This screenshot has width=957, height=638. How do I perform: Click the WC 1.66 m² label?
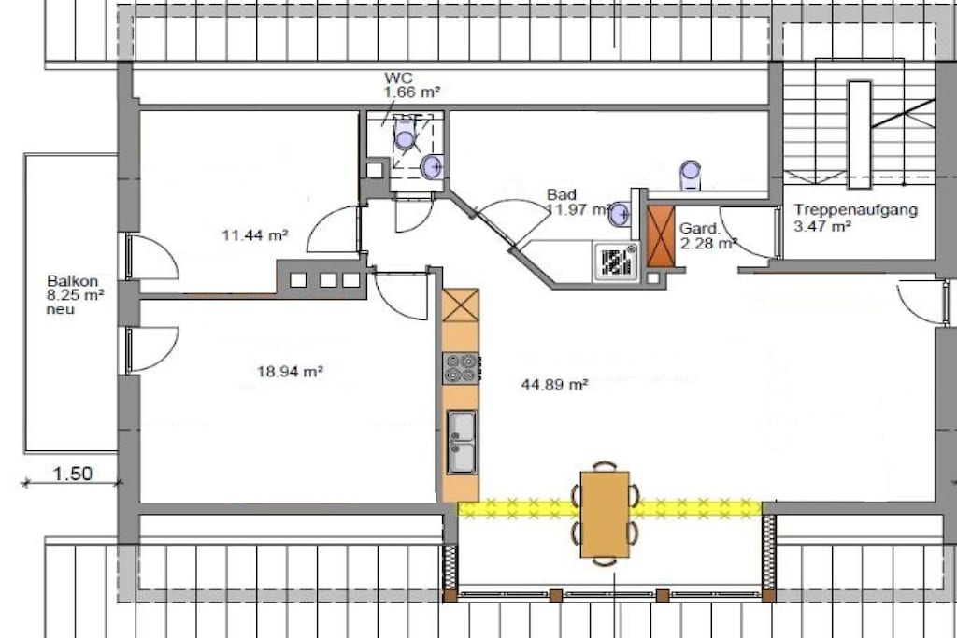412,85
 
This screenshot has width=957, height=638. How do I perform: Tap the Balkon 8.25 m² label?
75,289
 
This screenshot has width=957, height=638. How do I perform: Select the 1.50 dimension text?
73,474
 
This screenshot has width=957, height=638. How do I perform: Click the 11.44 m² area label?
255,234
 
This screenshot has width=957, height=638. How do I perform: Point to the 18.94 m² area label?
290,371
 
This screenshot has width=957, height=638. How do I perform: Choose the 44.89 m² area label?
555,384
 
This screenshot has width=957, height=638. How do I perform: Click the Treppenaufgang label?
856,210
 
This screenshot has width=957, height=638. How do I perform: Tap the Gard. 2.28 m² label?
707,236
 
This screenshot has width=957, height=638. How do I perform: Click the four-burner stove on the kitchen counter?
461,368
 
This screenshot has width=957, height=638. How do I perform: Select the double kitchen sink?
462,442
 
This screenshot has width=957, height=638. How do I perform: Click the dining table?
605,514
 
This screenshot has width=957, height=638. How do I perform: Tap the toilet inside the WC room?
405,135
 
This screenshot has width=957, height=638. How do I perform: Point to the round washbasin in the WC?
432,166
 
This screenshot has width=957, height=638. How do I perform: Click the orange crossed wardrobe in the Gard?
661,236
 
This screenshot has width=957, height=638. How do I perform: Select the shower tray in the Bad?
615,261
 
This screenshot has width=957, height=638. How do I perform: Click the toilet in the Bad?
691,175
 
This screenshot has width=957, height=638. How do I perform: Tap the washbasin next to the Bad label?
621,214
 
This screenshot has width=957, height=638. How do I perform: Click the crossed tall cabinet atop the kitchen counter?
460,305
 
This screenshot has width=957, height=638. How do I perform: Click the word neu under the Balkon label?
61,309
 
